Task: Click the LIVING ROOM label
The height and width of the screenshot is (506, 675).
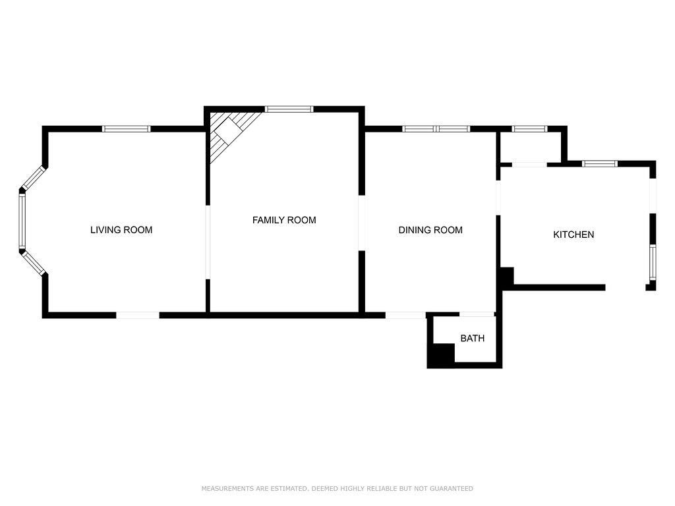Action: pos(121,230)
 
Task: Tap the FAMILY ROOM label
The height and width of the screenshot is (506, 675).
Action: pos(284,220)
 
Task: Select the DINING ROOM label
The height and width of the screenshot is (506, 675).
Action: pos(430,230)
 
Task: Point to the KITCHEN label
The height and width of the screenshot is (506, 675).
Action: pos(573,235)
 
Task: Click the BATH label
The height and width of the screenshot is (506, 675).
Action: pos(472,338)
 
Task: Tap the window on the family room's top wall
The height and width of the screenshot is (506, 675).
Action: pos(289,109)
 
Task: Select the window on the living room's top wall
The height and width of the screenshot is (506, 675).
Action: pos(127,128)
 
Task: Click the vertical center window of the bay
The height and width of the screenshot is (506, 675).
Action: pos(22,221)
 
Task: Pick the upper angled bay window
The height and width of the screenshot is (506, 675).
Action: pos(34,178)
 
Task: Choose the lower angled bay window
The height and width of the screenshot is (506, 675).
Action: pos(34,264)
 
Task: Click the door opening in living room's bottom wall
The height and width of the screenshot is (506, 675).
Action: pos(138,316)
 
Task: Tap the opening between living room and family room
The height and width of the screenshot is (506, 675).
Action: pos(208,242)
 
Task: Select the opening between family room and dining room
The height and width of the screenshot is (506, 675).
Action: pos(362,223)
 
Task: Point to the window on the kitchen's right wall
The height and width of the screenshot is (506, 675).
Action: pos(653,262)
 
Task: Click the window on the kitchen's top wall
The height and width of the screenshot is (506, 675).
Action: pos(600,163)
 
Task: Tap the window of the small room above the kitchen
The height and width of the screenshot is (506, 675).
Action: pos(529,128)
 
